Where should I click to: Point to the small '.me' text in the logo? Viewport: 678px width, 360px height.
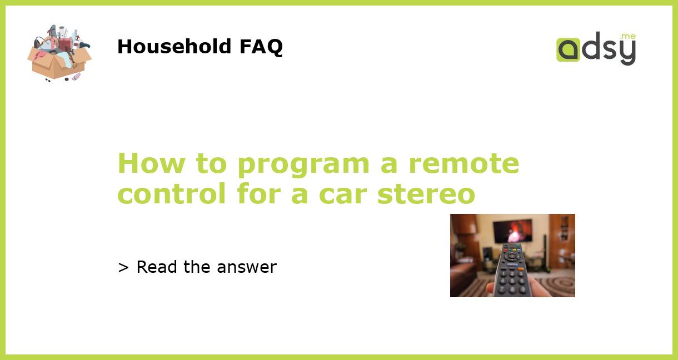[x=627, y=36]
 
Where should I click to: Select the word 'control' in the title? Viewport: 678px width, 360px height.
[x=172, y=194]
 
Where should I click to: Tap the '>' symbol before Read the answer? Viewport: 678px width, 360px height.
[x=123, y=267]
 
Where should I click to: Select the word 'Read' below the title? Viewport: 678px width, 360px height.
[x=158, y=267]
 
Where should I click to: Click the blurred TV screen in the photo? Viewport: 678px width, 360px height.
[x=512, y=230]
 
